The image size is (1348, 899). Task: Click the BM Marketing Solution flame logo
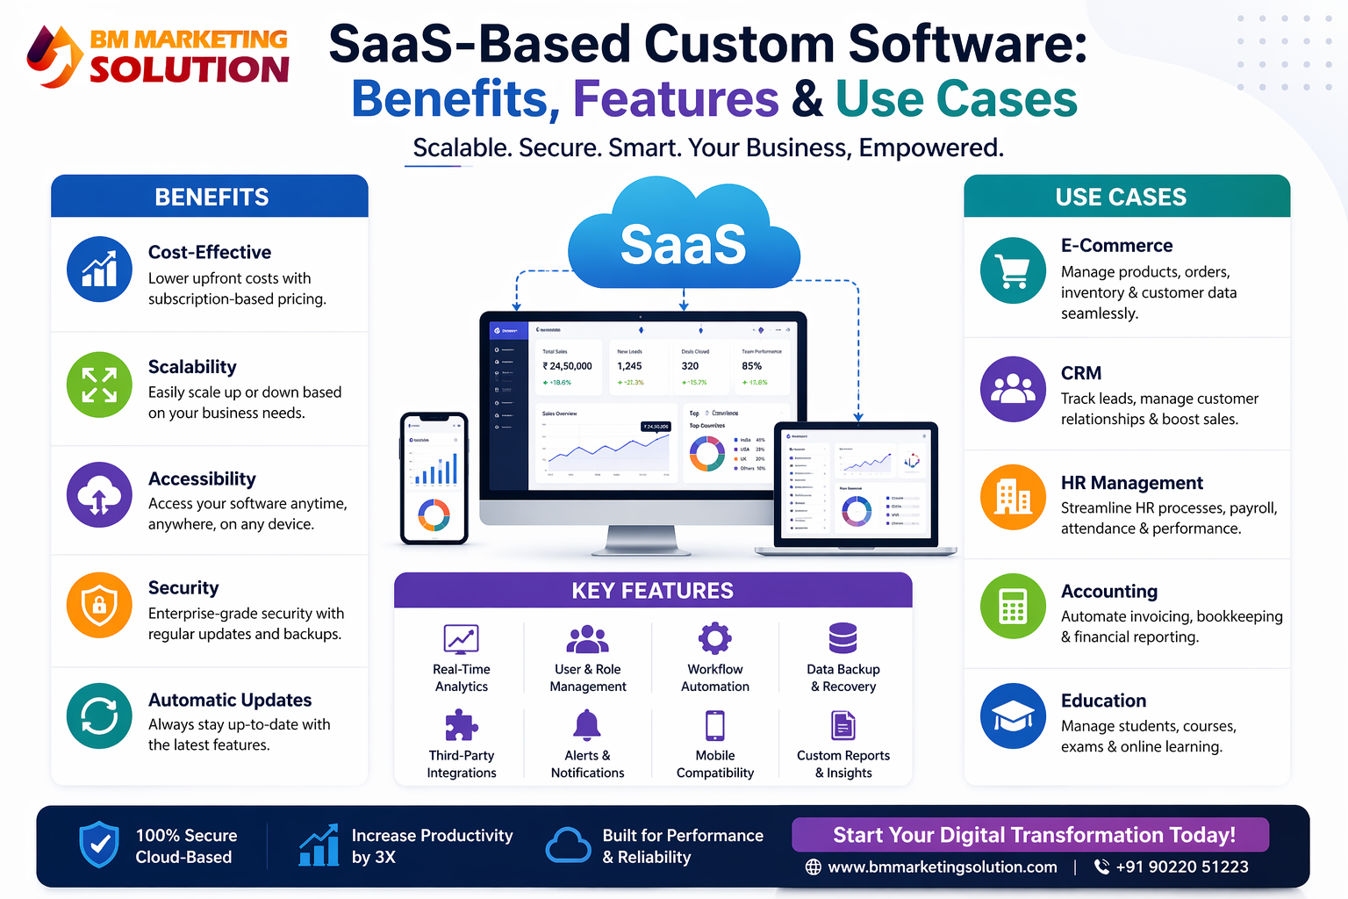point(54,57)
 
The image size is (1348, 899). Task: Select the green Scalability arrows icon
point(99,385)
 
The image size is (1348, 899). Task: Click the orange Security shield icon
point(99,604)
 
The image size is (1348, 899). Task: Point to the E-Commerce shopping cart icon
point(1014,270)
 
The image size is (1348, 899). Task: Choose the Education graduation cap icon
point(1014,716)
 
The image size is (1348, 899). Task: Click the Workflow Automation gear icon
point(714,638)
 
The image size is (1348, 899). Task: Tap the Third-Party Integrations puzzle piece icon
point(461,725)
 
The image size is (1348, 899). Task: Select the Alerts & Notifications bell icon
point(587,725)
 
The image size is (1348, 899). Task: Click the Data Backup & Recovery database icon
point(842,638)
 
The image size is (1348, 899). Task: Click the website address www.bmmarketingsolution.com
point(942,867)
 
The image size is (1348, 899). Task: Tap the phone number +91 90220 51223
point(1181,867)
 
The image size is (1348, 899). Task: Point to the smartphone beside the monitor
point(434,478)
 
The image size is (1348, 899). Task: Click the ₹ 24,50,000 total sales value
point(568,366)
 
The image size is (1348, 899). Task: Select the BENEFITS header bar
point(210,197)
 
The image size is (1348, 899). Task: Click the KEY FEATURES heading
point(652,591)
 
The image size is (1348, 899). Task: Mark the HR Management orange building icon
point(1014,497)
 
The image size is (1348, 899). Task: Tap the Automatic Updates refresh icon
point(99,716)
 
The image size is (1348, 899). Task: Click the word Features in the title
point(676,99)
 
